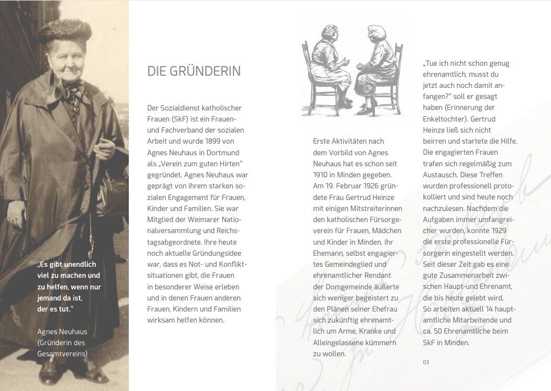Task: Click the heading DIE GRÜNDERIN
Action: (194, 72)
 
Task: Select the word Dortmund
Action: (228, 152)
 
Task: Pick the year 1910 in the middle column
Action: (321, 175)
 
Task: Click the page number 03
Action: (426, 362)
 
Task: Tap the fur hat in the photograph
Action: (66, 31)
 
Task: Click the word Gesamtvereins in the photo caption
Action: (62, 354)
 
